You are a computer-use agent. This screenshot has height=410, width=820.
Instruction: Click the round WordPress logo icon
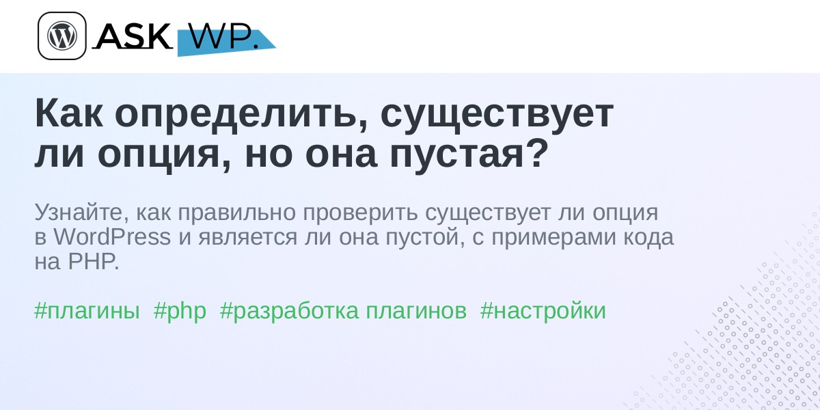coord(62,36)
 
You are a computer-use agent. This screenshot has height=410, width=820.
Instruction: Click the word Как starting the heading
coord(69,114)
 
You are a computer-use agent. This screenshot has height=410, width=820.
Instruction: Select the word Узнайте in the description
coord(82,213)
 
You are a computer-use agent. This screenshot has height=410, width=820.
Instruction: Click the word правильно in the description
coord(237,213)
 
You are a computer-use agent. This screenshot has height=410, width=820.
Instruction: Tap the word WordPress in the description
coord(112,237)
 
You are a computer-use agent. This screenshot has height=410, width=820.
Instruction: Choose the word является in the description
coord(248,238)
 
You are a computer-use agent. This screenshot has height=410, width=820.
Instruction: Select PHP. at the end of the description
coord(94,262)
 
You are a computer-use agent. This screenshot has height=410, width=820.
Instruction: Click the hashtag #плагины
coord(87,311)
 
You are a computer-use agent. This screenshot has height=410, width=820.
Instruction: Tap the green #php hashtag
coord(180,312)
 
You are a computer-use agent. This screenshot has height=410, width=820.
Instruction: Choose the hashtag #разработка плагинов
coord(343,312)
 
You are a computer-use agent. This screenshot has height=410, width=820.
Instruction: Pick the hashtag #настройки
coord(543,311)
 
